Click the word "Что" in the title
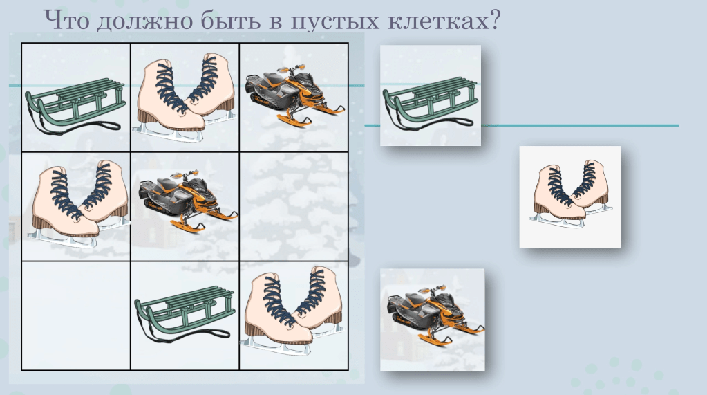(67, 20)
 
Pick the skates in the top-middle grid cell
(185, 97)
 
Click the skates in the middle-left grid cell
(79, 203)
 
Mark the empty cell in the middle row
(294, 207)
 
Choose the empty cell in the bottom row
(76, 316)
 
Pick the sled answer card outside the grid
(431, 95)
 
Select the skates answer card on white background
(570, 197)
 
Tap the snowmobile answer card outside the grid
(433, 320)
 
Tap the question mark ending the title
(495, 20)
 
